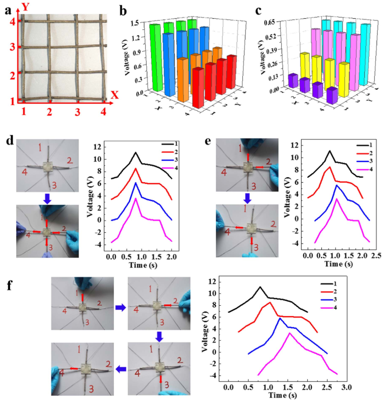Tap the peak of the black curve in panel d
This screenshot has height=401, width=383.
[x=135, y=153]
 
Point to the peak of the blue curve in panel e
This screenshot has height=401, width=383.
[x=336, y=185]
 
